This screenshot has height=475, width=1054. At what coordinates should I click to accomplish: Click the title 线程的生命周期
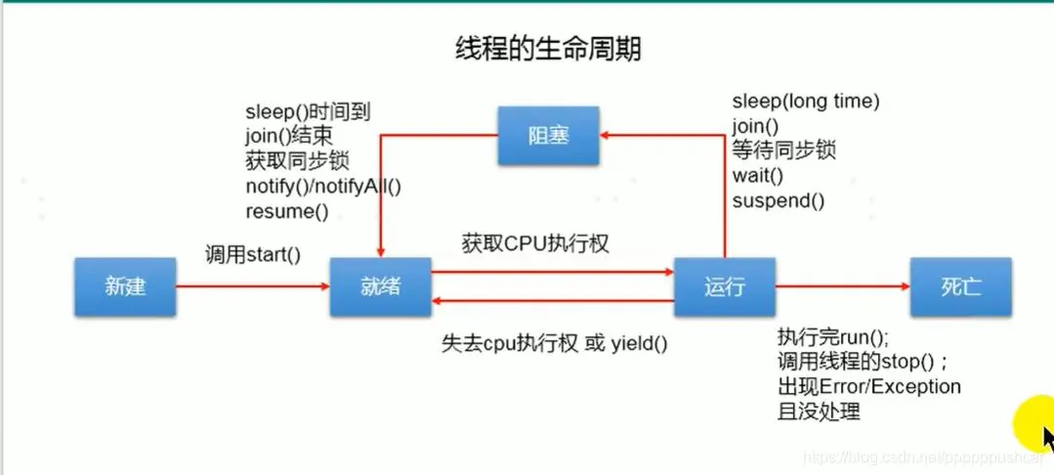point(548,48)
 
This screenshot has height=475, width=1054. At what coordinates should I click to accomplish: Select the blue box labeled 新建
point(125,286)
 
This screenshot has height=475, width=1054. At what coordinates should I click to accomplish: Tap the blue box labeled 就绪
point(380,286)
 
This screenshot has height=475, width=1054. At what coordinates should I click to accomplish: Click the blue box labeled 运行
point(724,286)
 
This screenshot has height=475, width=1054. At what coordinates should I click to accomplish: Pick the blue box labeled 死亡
point(959,286)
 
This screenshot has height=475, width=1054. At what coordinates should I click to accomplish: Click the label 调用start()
point(252,255)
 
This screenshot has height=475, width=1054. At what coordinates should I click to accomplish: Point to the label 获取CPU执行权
point(535,242)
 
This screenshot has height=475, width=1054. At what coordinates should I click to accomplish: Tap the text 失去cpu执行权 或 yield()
point(555,343)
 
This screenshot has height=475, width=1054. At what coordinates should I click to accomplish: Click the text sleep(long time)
point(806,101)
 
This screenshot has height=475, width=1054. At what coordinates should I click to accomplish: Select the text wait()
point(757,176)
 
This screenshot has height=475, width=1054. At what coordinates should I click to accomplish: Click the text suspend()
point(778,201)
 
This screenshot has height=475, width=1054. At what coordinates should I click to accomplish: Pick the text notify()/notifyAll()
point(323,186)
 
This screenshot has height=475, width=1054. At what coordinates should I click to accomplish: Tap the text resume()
point(286,211)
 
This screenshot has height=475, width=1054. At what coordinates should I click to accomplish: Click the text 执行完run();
point(833,337)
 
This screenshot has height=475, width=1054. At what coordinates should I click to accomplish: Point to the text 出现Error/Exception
point(868,387)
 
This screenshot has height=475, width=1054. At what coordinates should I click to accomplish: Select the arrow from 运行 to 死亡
point(842,286)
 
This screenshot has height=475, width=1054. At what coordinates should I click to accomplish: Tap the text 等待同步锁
point(783,151)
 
